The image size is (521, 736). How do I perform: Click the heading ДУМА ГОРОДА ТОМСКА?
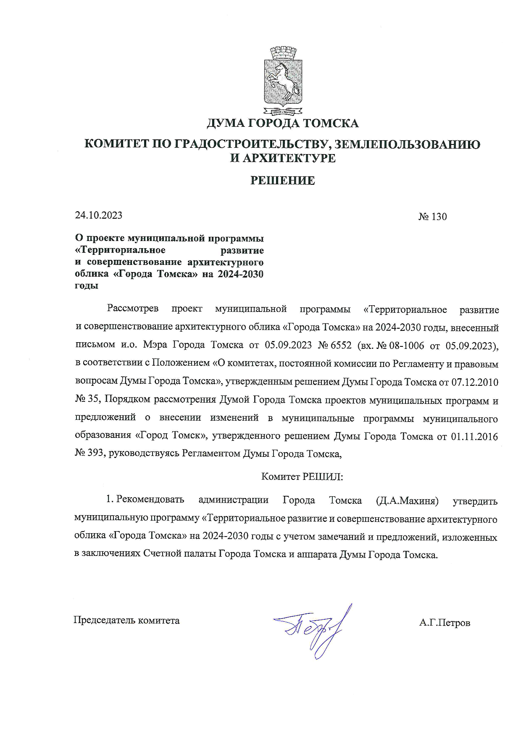pyautogui.click(x=282, y=123)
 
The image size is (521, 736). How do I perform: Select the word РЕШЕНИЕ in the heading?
pyautogui.click(x=282, y=181)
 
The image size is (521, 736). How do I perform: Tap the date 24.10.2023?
pyautogui.click(x=99, y=215)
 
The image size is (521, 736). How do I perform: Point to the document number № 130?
pyautogui.click(x=432, y=217)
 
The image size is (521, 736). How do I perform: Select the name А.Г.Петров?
pyautogui.click(x=444, y=623)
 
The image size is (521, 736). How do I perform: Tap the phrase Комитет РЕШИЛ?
pyautogui.click(x=302, y=477)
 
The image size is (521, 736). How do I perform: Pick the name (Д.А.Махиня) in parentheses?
pyautogui.click(x=408, y=501)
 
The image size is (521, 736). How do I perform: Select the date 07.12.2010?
pyautogui.click(x=475, y=382)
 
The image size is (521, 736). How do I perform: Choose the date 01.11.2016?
pyautogui.click(x=474, y=436)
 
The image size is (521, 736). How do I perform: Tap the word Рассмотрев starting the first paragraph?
pyautogui.click(x=133, y=309)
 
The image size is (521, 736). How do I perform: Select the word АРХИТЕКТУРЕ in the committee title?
pyautogui.click(x=287, y=158)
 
